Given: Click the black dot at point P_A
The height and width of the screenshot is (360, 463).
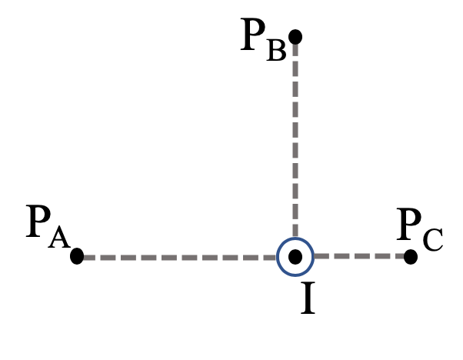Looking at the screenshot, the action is (77, 256).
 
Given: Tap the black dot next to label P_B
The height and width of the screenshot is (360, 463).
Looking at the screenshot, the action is (295, 36).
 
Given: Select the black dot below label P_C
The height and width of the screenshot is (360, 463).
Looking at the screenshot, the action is (411, 256).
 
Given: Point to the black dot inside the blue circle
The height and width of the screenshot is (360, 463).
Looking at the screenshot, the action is (295, 257).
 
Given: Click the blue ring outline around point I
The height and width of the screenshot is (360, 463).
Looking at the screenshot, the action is (278, 257).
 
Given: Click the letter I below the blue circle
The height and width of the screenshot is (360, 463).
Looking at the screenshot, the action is (307, 299).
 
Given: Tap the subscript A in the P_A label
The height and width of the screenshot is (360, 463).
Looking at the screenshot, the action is (58, 238).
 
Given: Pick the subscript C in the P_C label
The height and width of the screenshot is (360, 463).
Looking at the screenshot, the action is (432, 240).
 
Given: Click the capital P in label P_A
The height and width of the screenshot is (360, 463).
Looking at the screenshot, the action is (38, 222).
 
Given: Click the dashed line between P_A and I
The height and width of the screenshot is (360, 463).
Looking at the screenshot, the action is (177, 257).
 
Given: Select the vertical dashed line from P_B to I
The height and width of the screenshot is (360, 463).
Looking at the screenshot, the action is (295, 138).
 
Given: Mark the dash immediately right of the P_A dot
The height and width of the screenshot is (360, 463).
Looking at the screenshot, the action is (96, 257).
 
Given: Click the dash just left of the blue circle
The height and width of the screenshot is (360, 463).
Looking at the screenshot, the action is (265, 257).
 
